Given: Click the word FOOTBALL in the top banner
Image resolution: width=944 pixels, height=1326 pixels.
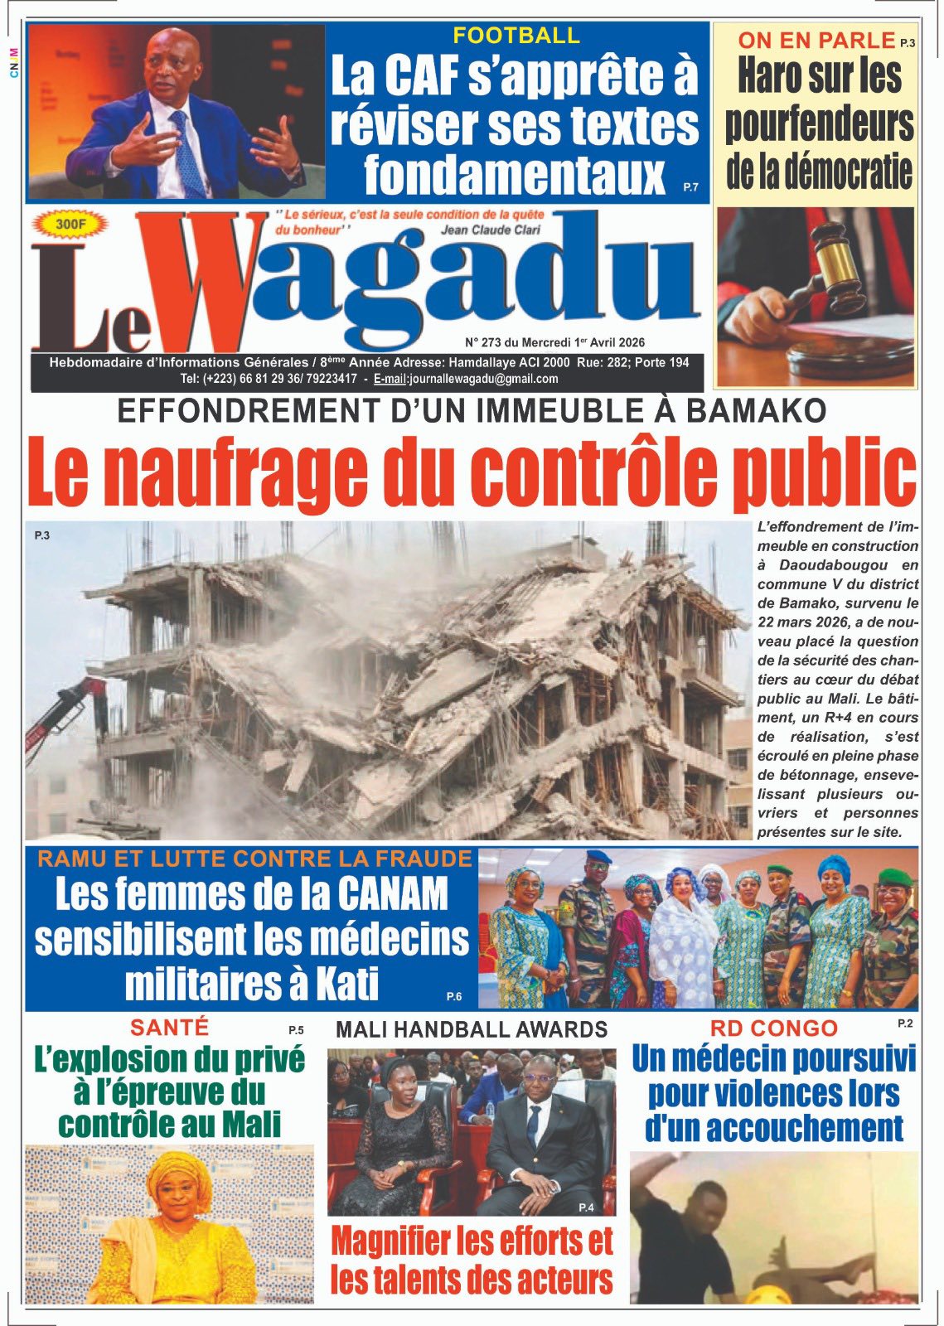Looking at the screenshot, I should [x=516, y=36].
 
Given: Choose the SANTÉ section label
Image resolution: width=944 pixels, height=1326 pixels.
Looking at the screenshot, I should [x=169, y=1028].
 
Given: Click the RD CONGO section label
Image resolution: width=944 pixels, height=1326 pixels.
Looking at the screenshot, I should [x=773, y=1028].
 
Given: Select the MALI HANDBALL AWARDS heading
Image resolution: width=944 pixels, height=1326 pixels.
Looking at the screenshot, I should [x=471, y=1030].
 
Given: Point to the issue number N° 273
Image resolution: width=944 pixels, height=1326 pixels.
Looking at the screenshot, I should [x=484, y=342].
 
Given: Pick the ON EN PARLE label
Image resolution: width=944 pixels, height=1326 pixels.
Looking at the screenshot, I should [x=816, y=39].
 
